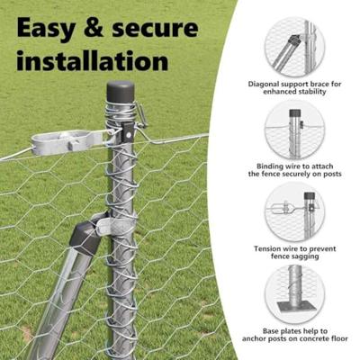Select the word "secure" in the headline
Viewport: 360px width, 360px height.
pos(155,29)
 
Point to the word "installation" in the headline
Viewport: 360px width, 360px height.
pos(93,60)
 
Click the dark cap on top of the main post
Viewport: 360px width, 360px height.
pos(121,92)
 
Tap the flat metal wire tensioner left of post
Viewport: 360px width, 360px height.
pos(67,142)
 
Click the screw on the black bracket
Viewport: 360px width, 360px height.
pos(129,136)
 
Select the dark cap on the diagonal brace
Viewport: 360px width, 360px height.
pos(86,234)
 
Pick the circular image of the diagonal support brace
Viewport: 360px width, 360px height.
pos(294,48)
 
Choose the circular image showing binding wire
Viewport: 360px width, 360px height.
pos(294,130)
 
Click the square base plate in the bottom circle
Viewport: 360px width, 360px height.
pos(297,307)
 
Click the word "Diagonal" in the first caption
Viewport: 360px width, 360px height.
pos(262,84)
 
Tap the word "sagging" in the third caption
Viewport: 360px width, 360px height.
pos(306,256)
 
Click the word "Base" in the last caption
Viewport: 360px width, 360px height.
pos(271,331)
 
